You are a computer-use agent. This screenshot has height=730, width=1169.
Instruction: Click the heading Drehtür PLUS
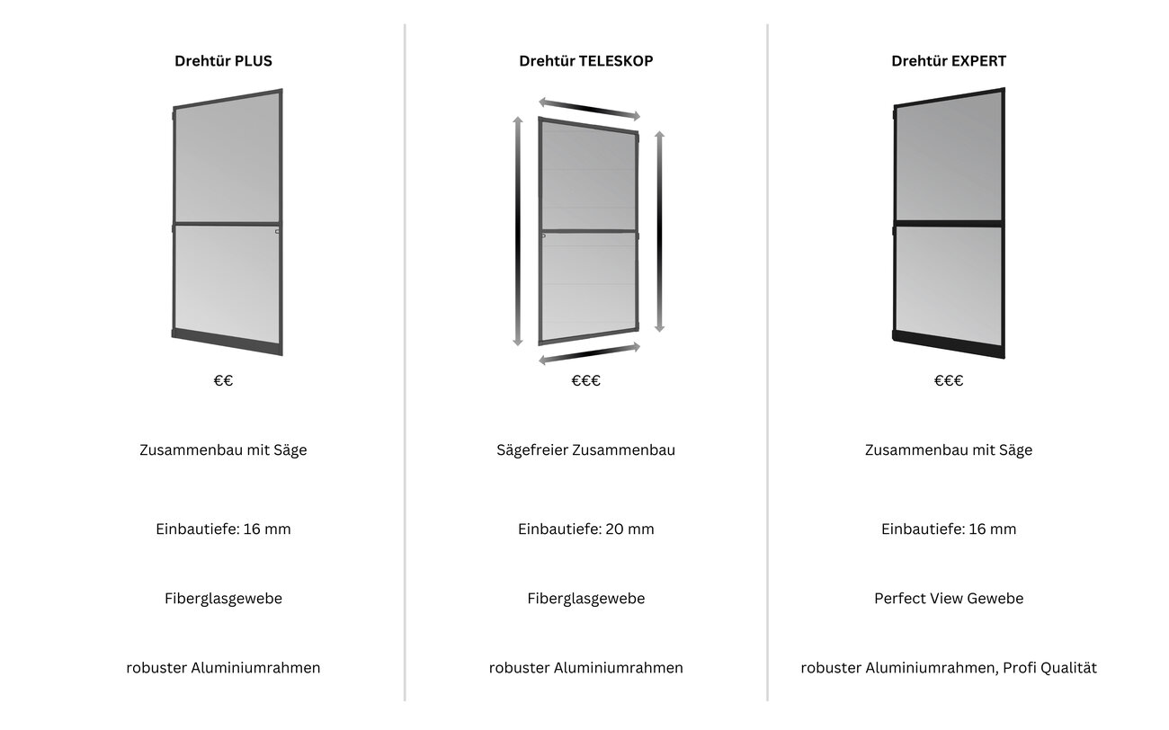click(x=223, y=61)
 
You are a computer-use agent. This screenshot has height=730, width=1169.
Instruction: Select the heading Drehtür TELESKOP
click(x=585, y=61)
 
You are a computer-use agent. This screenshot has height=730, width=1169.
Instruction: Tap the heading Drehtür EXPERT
click(x=949, y=61)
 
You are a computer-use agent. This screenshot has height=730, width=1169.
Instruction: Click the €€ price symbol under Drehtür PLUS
click(x=223, y=380)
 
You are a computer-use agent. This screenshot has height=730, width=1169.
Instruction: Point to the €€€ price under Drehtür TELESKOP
click(x=585, y=380)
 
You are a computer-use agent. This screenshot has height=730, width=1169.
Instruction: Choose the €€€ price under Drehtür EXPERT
click(x=949, y=380)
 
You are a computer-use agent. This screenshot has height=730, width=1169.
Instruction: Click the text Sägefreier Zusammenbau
click(x=585, y=450)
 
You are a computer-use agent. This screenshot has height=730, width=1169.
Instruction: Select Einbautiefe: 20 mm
click(x=585, y=530)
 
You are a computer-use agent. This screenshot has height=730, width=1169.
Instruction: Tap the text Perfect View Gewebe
click(x=949, y=598)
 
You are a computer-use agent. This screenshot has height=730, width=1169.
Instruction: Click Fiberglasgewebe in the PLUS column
click(x=223, y=599)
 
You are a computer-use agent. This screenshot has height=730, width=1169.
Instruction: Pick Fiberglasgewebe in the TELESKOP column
click(x=585, y=599)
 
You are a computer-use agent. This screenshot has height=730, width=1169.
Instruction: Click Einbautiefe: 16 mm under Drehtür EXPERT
click(x=949, y=530)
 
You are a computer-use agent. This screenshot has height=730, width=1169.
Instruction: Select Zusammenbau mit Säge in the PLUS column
click(x=223, y=450)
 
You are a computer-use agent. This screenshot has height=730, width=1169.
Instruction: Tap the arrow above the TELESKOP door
click(x=589, y=109)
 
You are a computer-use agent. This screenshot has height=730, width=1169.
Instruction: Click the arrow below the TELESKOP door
click(x=589, y=354)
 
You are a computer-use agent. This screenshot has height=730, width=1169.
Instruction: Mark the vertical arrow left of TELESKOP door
click(x=518, y=231)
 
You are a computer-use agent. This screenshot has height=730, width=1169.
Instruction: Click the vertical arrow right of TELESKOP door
click(x=660, y=231)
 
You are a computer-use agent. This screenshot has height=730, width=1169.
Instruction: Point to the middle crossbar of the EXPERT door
click(x=949, y=224)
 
